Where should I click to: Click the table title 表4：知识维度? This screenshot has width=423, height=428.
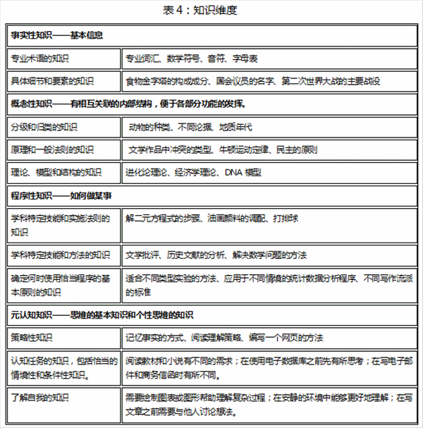coord(211,11)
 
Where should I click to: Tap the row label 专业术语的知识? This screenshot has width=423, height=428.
coord(45,57)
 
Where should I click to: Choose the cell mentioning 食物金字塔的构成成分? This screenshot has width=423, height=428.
coord(176,80)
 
